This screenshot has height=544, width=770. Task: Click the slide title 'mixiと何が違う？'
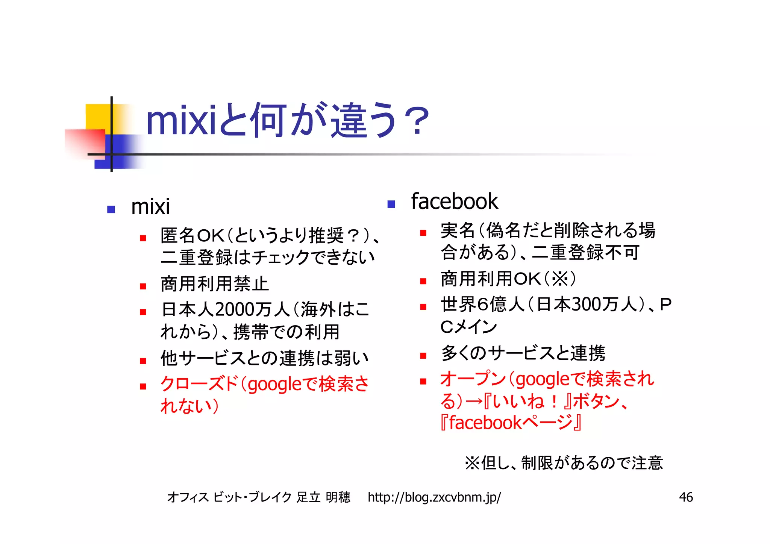(x=288, y=120)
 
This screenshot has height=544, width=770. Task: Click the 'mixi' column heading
(x=150, y=207)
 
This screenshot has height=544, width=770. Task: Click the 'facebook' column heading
(x=454, y=202)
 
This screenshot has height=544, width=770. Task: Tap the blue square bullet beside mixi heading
(x=111, y=209)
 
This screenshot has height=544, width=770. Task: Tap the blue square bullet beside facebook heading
(x=391, y=204)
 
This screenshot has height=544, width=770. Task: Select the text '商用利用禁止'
(x=214, y=284)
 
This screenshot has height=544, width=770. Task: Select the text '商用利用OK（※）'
(x=508, y=279)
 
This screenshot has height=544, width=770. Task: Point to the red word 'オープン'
(x=473, y=379)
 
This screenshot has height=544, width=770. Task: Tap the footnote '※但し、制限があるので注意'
(x=564, y=463)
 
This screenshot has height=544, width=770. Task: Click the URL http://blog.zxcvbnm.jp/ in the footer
(x=434, y=497)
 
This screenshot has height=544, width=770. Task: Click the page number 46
(x=686, y=497)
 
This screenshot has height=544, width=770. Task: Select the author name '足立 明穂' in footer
(x=323, y=497)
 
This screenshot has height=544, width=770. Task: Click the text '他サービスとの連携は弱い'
(x=264, y=358)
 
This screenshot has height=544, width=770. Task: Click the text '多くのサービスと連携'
(x=523, y=353)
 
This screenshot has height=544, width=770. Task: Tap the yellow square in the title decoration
(x=97, y=117)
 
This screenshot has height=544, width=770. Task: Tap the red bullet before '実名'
(x=423, y=233)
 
